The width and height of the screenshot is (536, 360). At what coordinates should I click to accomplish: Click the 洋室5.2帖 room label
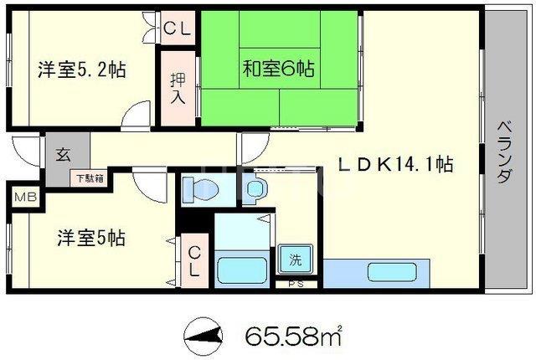pyautogui.click(x=82, y=69)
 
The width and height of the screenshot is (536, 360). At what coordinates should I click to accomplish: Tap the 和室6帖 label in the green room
pyautogui.click(x=279, y=69)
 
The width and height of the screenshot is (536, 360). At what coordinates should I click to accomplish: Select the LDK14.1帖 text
pyautogui.click(x=396, y=165)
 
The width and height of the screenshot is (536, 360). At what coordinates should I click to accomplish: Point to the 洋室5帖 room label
pyautogui.click(x=91, y=238)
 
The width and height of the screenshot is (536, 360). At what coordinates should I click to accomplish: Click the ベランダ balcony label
pyautogui.click(x=504, y=152)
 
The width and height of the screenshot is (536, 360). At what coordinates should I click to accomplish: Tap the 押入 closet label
pyautogui.click(x=178, y=88)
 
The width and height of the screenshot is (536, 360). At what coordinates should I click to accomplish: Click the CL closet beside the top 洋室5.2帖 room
pyautogui.click(x=178, y=28)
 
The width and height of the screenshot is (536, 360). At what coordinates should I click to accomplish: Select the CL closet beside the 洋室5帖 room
pyautogui.click(x=194, y=261)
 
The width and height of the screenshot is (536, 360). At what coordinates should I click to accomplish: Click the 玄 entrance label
pyautogui.click(x=64, y=155)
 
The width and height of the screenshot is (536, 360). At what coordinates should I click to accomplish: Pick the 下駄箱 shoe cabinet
pyautogui.click(x=90, y=178)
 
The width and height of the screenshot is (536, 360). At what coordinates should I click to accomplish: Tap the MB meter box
pyautogui.click(x=26, y=197)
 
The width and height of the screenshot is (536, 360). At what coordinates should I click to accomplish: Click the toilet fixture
pyautogui.click(x=200, y=188)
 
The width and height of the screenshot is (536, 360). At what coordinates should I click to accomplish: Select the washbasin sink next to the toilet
pyautogui.click(x=256, y=188)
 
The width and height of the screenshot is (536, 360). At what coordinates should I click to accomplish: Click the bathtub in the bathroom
pyautogui.click(x=242, y=270)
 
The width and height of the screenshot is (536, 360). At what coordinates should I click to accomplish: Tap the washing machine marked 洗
pyautogui.click(x=296, y=259)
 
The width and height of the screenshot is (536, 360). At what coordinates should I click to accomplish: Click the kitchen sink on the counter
pyautogui.click(x=392, y=272)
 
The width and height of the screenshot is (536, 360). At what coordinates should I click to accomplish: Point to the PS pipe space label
pyautogui.click(x=296, y=284)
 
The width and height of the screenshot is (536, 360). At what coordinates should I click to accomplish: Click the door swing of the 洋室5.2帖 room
pyautogui.click(x=136, y=116)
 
